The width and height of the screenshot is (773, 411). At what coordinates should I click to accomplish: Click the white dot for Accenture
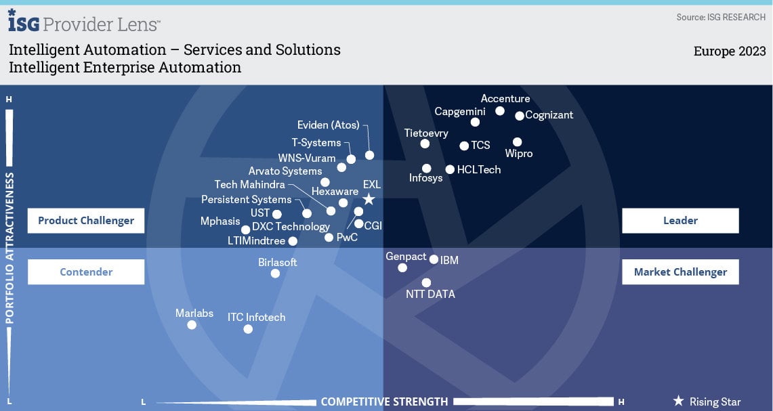tap(500, 111)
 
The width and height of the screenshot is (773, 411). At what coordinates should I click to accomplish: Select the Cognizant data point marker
tap(520, 116)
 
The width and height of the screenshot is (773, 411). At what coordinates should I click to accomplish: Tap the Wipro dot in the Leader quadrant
tap(518, 142)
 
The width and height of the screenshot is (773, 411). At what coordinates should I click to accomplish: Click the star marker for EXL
tap(369, 199)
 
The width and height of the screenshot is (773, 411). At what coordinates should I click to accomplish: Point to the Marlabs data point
tap(192, 325)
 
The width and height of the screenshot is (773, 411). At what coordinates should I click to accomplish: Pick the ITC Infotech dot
tap(248, 329)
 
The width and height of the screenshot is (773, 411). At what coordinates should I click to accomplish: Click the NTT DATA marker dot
tap(426, 283)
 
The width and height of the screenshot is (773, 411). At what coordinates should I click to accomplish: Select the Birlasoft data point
tap(275, 274)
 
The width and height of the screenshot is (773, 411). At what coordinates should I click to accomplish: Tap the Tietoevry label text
tap(426, 133)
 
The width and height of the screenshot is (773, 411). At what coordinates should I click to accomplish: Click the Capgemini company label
tap(460, 112)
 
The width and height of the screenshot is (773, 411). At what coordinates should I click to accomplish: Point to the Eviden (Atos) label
tap(328, 125)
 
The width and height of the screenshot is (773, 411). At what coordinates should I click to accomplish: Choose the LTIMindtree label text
tap(257, 240)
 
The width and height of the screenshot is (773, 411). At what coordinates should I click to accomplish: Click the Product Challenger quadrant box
tap(86, 221)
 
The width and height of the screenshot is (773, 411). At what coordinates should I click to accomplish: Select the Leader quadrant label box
tap(680, 221)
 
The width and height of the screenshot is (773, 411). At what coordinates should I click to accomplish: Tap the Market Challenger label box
tap(680, 272)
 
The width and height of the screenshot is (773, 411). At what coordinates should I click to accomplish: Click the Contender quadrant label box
tap(86, 272)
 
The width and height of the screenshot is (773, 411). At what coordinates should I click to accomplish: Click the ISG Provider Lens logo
tap(84, 22)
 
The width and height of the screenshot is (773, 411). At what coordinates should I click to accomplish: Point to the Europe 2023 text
tap(729, 51)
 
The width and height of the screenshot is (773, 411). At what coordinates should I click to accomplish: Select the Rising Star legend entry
tap(707, 402)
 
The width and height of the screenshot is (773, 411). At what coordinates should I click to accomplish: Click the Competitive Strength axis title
tap(384, 402)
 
